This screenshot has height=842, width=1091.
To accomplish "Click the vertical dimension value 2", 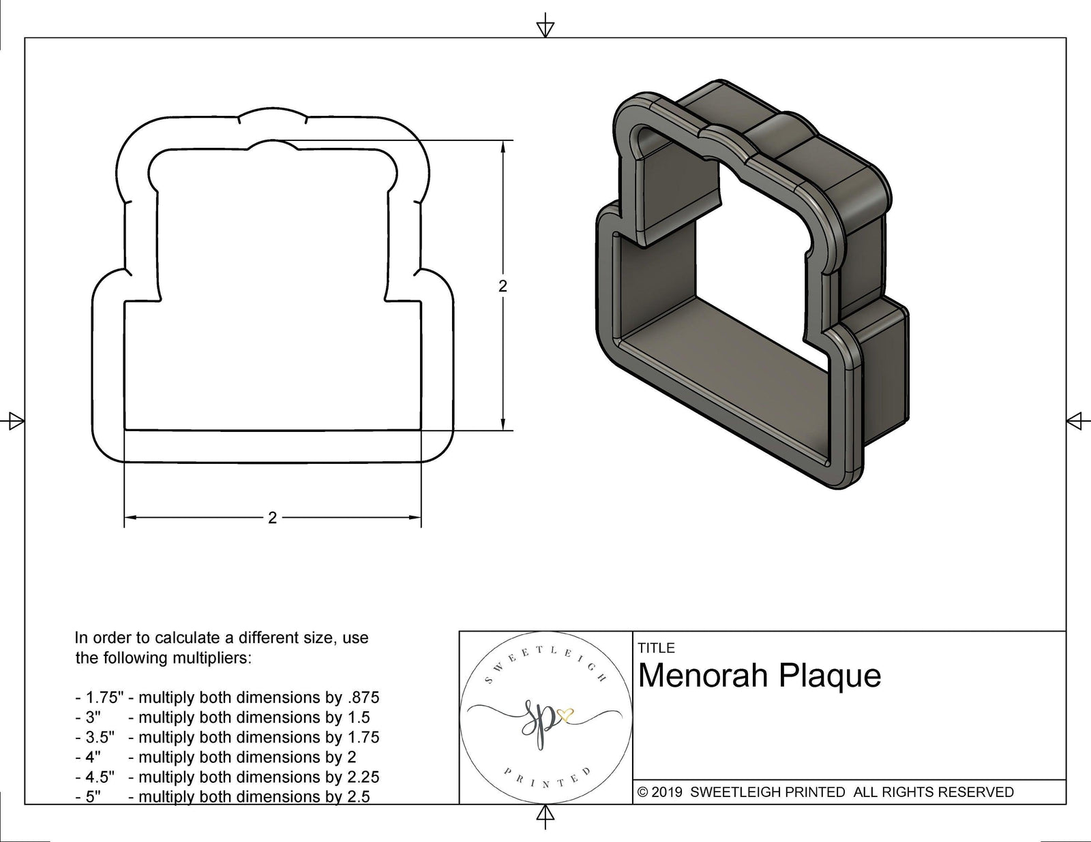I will click(503, 286).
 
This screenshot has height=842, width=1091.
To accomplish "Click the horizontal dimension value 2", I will click(272, 518).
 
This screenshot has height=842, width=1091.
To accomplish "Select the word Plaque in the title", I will click(830, 676).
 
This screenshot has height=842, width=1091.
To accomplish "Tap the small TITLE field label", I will click(656, 648).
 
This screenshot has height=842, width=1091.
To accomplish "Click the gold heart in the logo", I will click(565, 715).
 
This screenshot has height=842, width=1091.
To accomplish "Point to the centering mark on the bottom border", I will click(545, 814).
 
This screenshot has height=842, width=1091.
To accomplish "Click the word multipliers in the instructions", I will click(215, 658).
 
